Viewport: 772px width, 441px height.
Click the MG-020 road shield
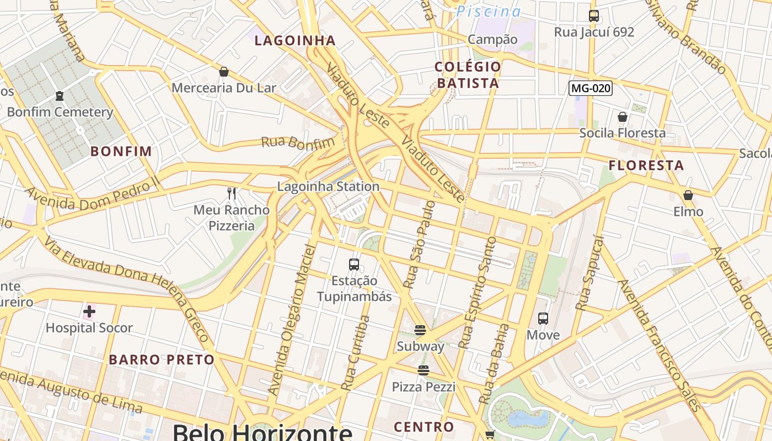[x=591, y=88]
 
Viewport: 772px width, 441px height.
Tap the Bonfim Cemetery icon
[x=60, y=96]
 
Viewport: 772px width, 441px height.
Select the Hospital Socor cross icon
[x=89, y=312]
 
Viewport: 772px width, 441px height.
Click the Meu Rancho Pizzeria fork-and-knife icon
[x=232, y=193]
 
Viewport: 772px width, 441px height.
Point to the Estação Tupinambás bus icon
[x=354, y=265]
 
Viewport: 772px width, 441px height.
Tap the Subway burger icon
[x=420, y=330]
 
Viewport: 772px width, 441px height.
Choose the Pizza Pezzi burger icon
[x=423, y=370]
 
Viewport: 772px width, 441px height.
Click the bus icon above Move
[x=543, y=319]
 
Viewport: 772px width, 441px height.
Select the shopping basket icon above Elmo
[x=688, y=195]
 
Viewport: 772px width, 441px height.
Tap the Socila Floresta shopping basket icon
[x=623, y=117]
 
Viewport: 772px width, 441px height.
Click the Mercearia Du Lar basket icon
[x=224, y=72]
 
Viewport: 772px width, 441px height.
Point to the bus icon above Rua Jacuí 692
[x=594, y=16]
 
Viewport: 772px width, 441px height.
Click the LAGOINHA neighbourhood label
[x=295, y=40]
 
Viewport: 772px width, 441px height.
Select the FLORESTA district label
[x=646, y=165]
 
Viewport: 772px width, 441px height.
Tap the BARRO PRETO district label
[x=161, y=360]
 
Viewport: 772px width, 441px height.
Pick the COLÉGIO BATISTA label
[x=468, y=75]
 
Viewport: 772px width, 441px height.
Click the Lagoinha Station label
[x=328, y=186]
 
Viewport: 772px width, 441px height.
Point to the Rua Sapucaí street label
[x=589, y=272]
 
